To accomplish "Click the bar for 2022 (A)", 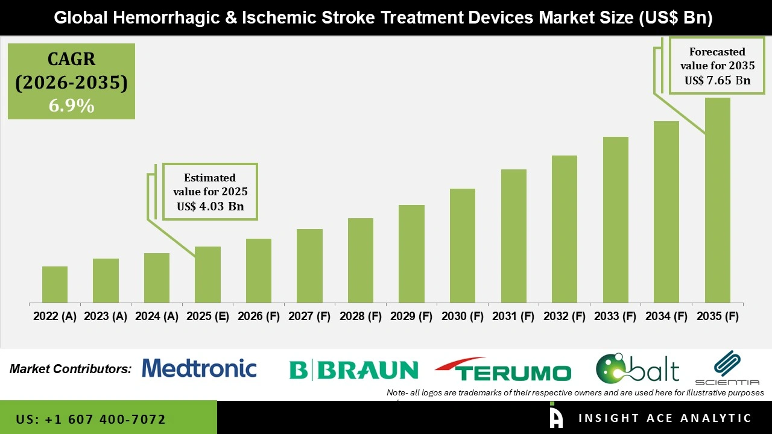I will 55,285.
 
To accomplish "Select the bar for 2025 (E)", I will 207,274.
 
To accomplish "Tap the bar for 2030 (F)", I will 463,245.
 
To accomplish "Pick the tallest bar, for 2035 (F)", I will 717,200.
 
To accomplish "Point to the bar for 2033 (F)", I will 616,219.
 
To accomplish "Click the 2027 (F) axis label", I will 309,316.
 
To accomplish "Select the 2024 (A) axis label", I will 157,316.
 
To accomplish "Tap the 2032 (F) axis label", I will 565,316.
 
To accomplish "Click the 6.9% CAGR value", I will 71,106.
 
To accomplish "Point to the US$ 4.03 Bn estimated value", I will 210,206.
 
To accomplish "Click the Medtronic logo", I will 199,368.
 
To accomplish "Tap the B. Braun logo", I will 353,370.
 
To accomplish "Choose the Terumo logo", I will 503,370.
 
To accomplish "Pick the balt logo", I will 638,368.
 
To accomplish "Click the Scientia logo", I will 727,368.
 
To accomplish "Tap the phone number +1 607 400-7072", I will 90,419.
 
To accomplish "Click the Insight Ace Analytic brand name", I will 665,418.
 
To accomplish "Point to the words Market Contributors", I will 71,369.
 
